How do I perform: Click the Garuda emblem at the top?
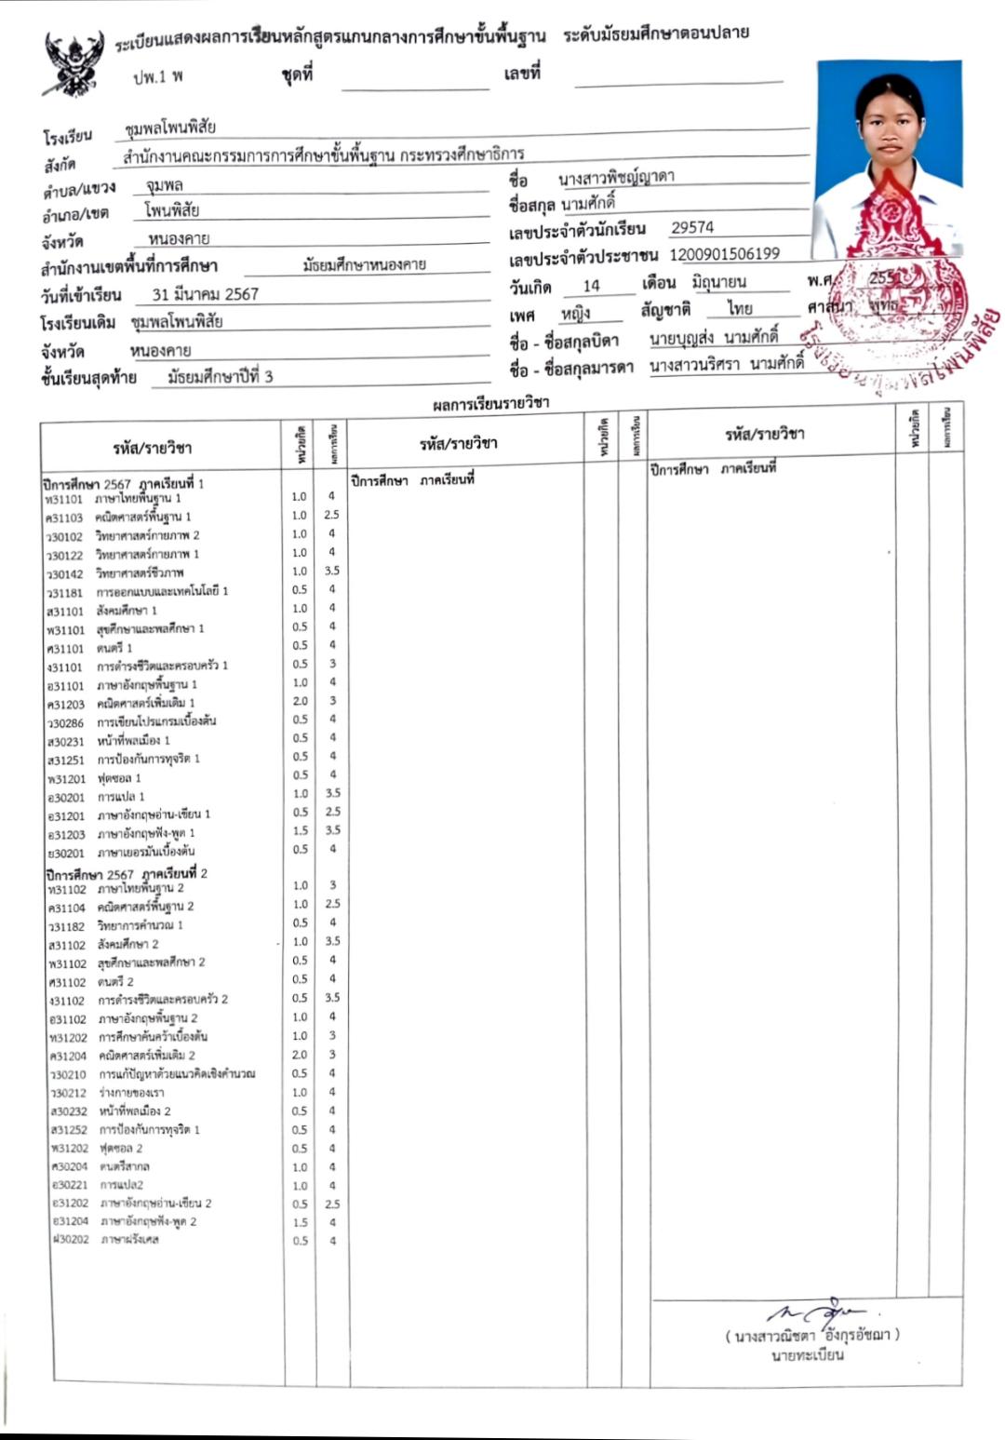tap(73, 63)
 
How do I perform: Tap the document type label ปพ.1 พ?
tap(158, 77)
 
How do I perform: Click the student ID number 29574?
tap(692, 228)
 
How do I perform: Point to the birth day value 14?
tap(591, 286)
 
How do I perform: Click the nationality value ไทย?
tap(740, 308)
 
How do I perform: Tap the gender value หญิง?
tap(576, 314)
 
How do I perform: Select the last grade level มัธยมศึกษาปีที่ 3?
tap(221, 377)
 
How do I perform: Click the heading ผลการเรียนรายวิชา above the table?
tap(490, 404)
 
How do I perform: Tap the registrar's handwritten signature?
tap(810, 1313)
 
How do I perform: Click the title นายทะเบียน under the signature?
tap(807, 1355)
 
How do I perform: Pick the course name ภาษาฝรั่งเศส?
tap(129, 1240)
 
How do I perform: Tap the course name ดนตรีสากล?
tap(125, 1166)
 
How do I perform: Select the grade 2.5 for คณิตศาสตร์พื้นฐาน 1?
tap(331, 515)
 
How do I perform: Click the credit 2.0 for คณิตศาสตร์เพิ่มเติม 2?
tap(300, 1055)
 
